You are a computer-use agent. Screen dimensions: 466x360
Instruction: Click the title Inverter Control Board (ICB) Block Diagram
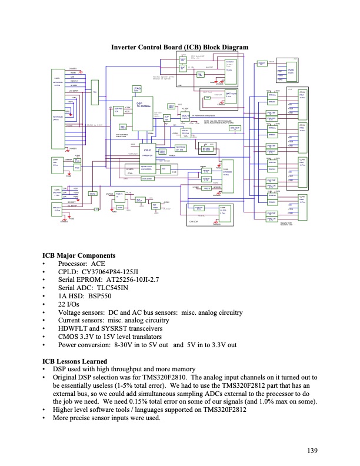point(179,47)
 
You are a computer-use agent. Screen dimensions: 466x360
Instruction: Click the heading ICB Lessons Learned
point(75,361)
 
